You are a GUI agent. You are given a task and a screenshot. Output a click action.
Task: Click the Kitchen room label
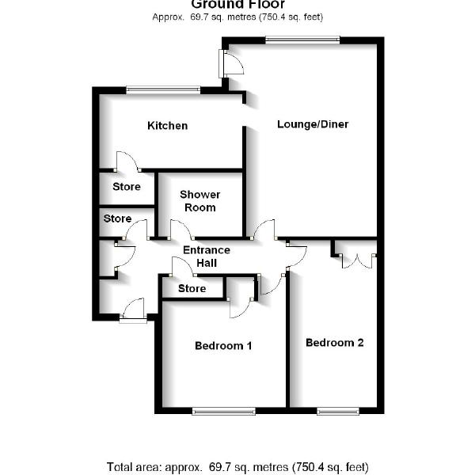[x=167, y=126]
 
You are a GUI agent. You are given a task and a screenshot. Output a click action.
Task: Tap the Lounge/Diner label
[x=313, y=124]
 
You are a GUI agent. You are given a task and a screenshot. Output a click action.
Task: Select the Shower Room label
[x=199, y=201]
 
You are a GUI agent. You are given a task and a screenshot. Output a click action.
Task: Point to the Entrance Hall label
[x=206, y=256]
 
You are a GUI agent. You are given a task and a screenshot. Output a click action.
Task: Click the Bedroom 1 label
[x=223, y=346]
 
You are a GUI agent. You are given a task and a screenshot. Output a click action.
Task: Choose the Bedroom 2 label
[x=334, y=344]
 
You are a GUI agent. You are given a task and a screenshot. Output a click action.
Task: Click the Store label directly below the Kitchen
[x=127, y=188]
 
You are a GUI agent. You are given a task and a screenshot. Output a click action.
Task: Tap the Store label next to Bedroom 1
[x=192, y=289]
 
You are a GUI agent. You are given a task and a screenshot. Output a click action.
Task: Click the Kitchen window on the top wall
[x=163, y=89]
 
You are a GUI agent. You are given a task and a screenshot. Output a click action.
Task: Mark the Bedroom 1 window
[x=223, y=410]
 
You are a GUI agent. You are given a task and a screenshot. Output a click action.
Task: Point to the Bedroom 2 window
[x=338, y=410]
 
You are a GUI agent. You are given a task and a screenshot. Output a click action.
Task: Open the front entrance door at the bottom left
[x=133, y=310]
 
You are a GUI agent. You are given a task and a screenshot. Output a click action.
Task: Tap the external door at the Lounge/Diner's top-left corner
[x=231, y=63]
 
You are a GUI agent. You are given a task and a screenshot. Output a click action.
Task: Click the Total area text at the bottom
[x=237, y=467]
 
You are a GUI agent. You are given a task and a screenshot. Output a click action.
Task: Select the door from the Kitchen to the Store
[x=127, y=161]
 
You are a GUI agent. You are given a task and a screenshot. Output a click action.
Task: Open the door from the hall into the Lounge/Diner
[x=264, y=230]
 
